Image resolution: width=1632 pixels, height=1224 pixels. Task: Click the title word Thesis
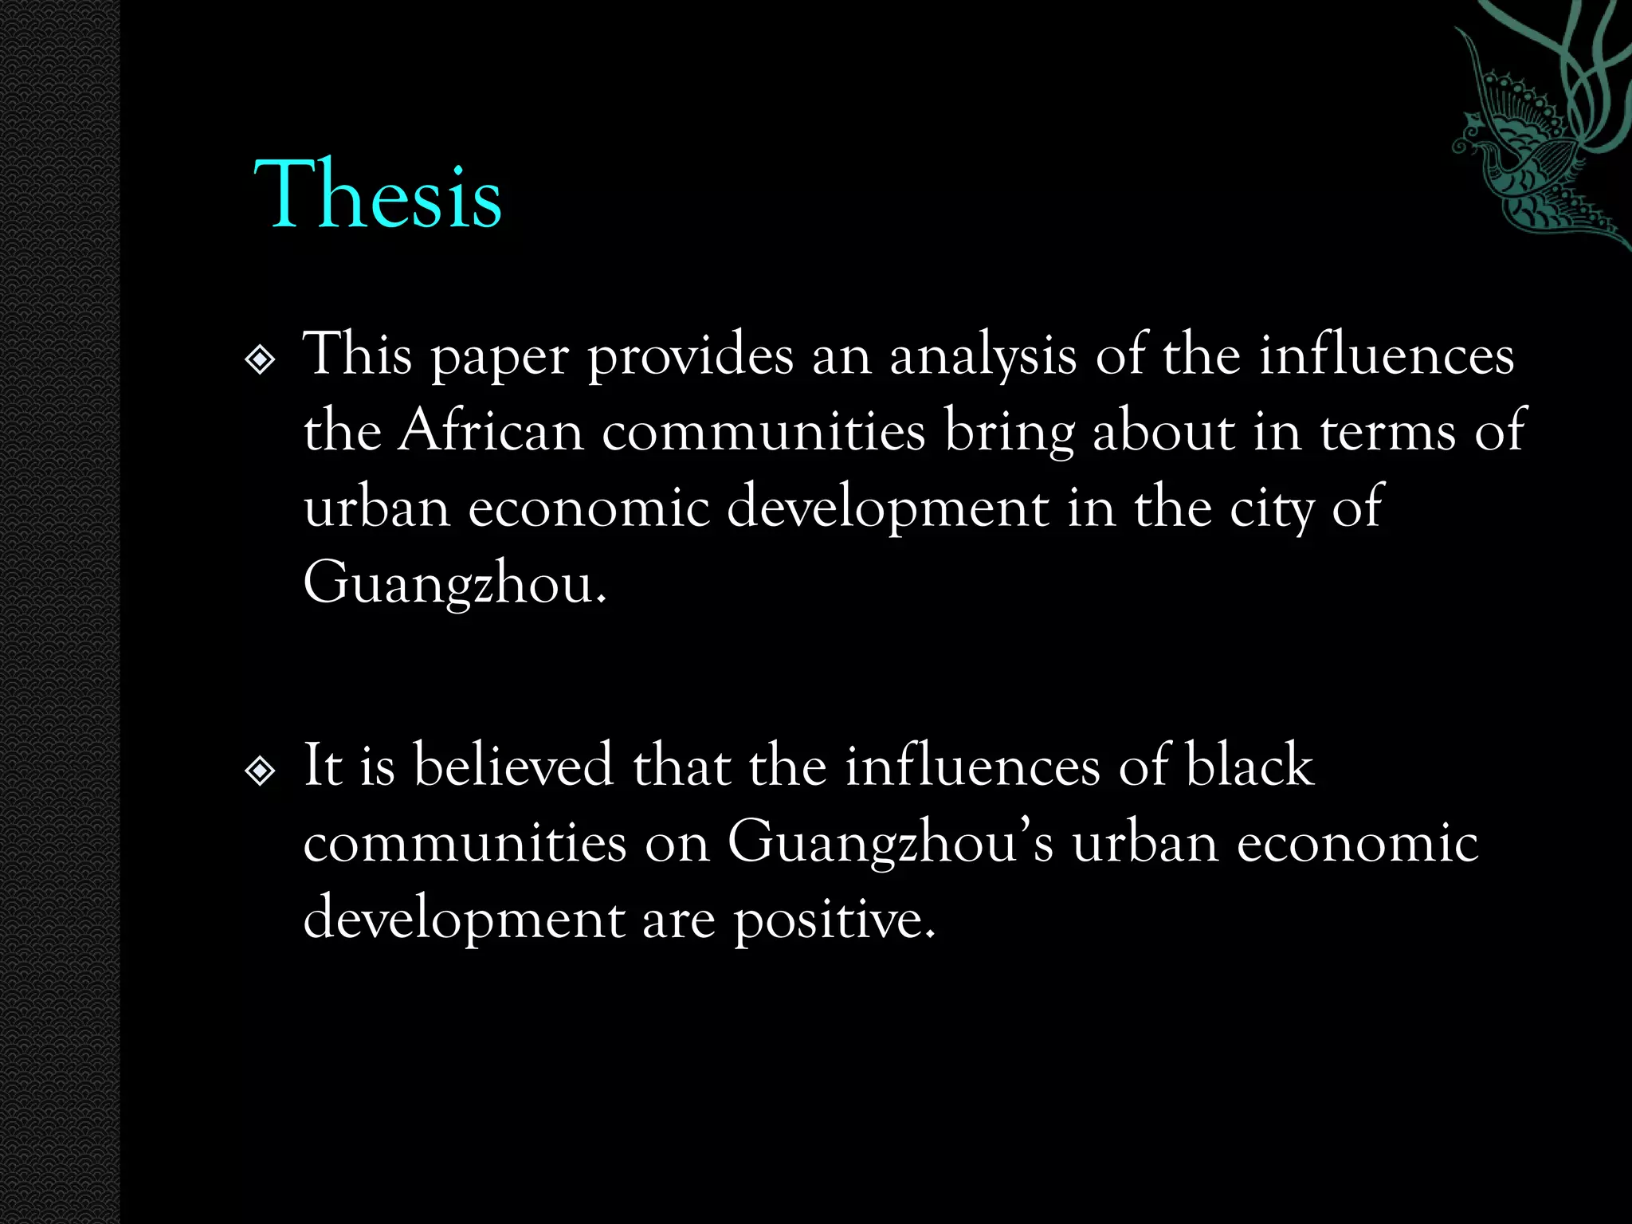pos(378,194)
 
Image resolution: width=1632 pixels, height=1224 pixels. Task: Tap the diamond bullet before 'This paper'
pos(261,360)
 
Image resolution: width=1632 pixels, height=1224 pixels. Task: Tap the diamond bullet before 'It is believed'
pos(261,771)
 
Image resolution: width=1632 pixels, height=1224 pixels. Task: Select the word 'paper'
pos(500,358)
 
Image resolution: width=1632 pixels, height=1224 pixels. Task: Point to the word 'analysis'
pos(983,358)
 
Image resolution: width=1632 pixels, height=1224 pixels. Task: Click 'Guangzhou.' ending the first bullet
pos(455,584)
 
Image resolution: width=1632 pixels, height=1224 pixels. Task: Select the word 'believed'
pos(513,765)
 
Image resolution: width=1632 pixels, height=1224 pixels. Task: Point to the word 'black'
pos(1249,765)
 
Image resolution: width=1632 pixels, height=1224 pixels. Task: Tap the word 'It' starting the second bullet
pos(323,765)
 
